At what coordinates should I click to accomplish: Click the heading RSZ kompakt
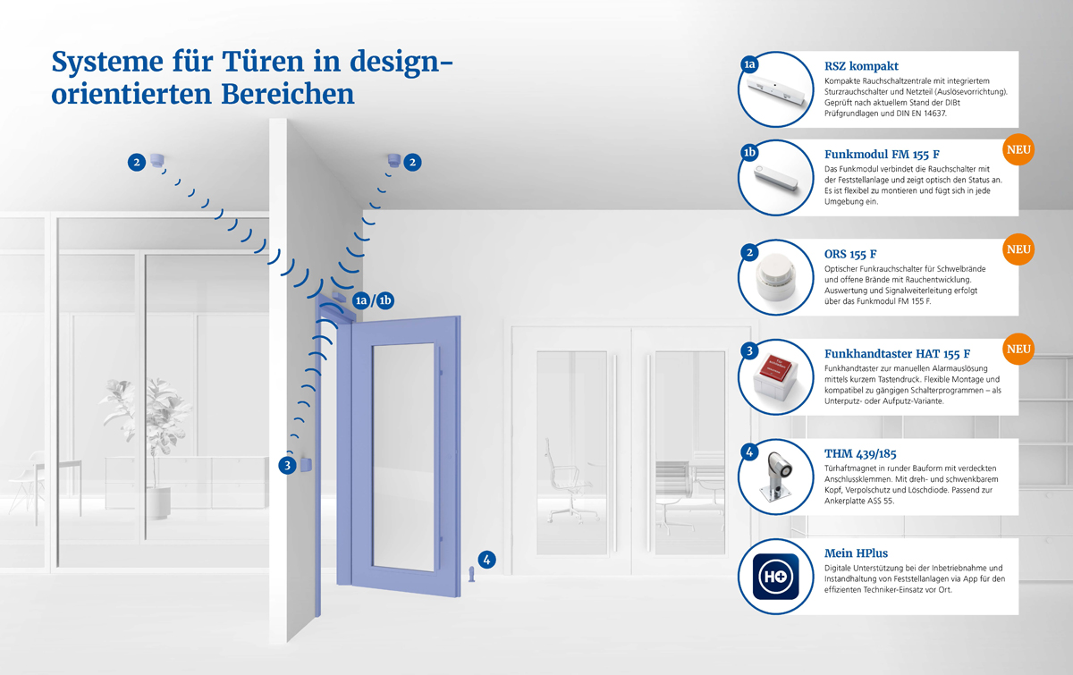coord(861,66)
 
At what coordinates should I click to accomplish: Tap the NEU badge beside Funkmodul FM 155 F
coord(1018,150)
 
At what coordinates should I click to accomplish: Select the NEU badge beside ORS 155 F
coord(1018,249)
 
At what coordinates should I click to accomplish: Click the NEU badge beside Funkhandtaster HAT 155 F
coord(1018,350)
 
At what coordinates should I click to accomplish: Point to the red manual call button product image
coord(775,376)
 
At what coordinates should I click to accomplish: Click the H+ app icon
coord(775,577)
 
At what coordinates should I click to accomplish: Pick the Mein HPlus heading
coord(856,553)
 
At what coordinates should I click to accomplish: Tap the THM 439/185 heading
coord(860,453)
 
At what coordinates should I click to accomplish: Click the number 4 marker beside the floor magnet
coord(486,560)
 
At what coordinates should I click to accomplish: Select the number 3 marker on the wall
coord(287,465)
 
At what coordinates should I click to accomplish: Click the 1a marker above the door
coord(361,300)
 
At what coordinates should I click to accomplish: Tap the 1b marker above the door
coord(384,300)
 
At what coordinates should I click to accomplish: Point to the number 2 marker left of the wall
coord(137,163)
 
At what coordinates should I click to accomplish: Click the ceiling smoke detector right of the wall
coord(394,161)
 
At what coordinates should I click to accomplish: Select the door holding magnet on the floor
coord(472,574)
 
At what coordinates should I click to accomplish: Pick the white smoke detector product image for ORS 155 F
coord(776,277)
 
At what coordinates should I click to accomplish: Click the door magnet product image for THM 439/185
coord(777,477)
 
